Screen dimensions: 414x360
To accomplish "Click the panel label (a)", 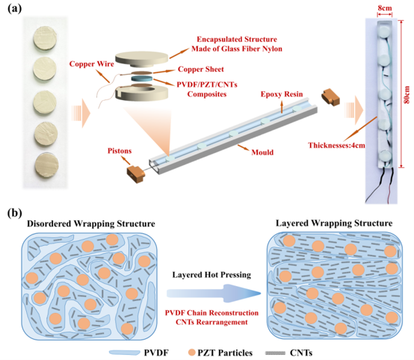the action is pos(15,9).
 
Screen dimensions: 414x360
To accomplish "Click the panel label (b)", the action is pos(15,213).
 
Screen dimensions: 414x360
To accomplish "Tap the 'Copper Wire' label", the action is pos(92,64).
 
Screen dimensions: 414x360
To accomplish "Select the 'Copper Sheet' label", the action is pos(201,69).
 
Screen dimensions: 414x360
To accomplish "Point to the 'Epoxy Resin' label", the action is pos(282,94).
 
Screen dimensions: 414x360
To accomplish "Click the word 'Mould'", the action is pos(262,152).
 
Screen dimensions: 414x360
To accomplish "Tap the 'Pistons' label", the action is pos(120,151).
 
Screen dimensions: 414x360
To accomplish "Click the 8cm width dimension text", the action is pos(385,8).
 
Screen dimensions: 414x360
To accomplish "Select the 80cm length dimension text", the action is pos(407,95).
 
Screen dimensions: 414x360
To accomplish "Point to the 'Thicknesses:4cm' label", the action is pos(336,145).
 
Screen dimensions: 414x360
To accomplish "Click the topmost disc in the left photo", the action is pos(45,37).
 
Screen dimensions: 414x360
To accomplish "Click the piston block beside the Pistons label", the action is pos(136,174).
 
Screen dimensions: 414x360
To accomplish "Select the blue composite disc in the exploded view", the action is pos(142,79).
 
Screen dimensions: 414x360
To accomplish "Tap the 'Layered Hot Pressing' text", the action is pos(211,275).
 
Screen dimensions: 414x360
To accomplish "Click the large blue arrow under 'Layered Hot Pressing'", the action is pos(214,293).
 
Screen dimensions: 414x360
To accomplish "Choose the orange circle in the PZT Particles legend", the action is pos(192,353).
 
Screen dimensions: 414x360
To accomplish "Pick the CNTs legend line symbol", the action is pos(275,353).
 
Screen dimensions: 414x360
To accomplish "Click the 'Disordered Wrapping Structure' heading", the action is pos(91,224).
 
